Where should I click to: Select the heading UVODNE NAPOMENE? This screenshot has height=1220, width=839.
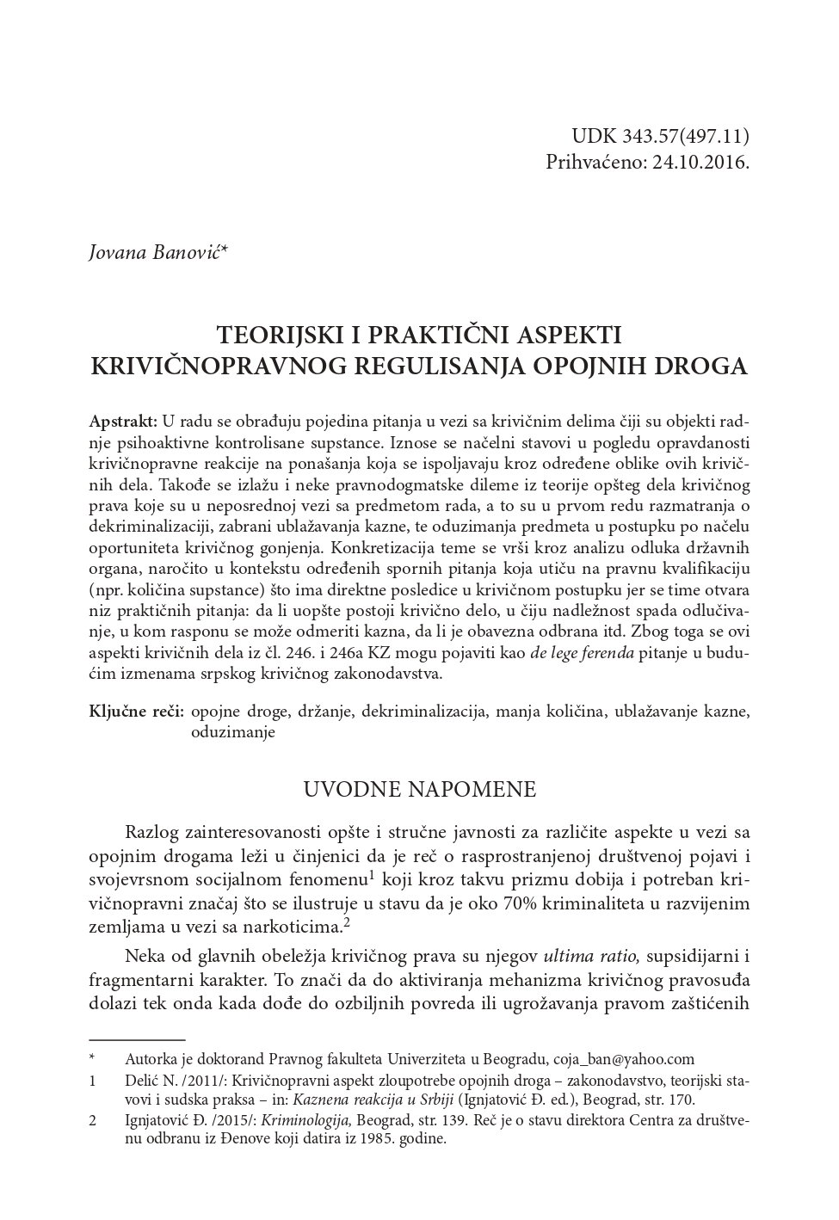[x=420, y=790]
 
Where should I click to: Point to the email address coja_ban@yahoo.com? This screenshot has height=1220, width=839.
[x=623, y=1059]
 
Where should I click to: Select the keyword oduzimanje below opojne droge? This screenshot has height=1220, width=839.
[x=232, y=732]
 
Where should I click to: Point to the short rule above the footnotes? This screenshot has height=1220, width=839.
[x=137, y=1039]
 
